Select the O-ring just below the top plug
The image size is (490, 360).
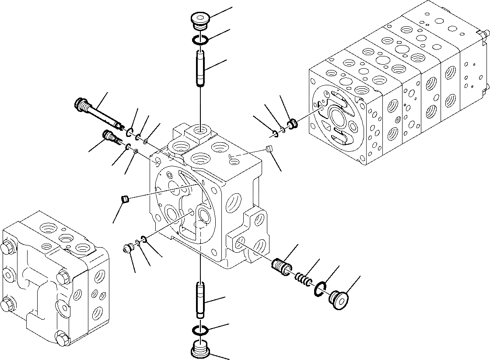pos(201,41)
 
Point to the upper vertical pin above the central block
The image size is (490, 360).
pos(200,69)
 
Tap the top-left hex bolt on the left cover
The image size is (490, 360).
pos(9,248)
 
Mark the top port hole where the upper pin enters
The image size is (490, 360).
pos(200,130)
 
